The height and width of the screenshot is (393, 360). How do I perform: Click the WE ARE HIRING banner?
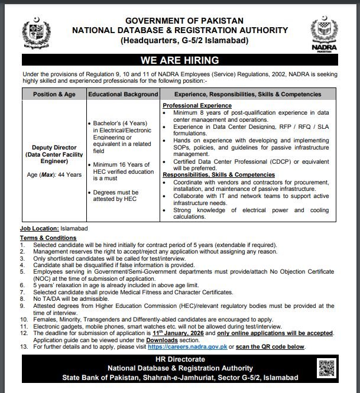pos(179,60)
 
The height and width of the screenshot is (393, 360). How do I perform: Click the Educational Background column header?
pos(123,94)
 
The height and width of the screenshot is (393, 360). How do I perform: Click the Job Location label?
pos(39,228)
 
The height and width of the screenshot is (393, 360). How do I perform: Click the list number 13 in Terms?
pos(24,347)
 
